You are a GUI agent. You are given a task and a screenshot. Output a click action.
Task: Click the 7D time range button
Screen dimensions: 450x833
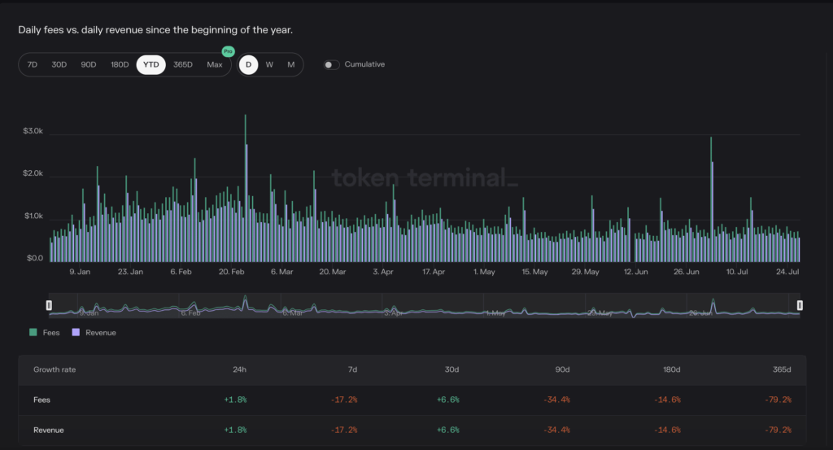point(33,64)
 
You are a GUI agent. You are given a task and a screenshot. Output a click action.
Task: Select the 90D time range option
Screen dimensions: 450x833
point(89,64)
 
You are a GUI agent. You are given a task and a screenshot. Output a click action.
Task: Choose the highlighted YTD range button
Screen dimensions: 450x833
point(150,64)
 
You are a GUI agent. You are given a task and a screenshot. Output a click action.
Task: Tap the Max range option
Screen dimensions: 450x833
point(215,64)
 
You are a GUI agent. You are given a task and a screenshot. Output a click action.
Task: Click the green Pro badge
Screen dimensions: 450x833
point(228,51)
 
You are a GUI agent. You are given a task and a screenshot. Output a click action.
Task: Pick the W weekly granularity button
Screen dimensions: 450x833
point(269,64)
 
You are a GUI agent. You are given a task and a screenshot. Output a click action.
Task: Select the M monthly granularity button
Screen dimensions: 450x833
point(291,64)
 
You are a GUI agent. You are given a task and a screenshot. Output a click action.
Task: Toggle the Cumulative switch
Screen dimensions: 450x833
point(331,64)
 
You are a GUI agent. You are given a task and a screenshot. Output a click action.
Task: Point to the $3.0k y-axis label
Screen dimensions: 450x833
point(33,131)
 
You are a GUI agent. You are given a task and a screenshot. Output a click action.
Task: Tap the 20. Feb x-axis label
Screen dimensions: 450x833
point(233,272)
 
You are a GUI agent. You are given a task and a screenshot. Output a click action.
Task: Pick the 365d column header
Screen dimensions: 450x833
point(781,369)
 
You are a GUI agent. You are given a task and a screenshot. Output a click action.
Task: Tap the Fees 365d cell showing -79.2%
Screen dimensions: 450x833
point(778,400)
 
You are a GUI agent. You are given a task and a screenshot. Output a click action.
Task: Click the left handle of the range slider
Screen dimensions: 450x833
point(49,305)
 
